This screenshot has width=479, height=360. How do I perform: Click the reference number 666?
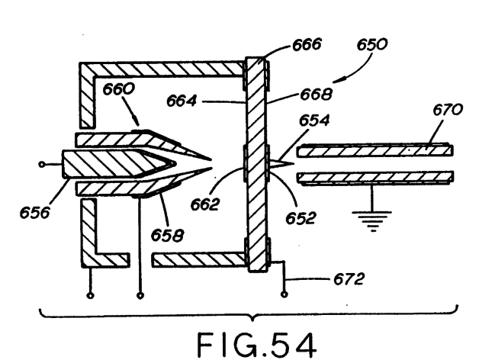click(x=307, y=44)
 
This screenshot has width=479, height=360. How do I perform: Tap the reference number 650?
click(x=371, y=44)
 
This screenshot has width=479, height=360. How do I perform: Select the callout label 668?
click(x=316, y=94)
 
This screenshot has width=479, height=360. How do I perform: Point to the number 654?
click(x=314, y=120)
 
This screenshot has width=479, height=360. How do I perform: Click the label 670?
click(x=448, y=109)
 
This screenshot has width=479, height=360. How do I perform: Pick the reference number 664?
click(x=182, y=101)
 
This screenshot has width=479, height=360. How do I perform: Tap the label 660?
click(x=118, y=89)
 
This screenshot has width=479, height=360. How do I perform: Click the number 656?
click(x=34, y=212)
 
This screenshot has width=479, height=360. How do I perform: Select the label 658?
click(x=167, y=235)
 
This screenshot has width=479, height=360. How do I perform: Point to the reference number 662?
click(x=205, y=204)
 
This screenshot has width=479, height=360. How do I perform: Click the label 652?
click(x=301, y=218)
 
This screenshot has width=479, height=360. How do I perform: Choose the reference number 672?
click(x=349, y=279)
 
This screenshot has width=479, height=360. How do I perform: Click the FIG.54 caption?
click(x=256, y=345)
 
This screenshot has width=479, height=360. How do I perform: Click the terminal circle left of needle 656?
click(x=41, y=165)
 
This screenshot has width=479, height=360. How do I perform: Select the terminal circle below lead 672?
click(x=284, y=294)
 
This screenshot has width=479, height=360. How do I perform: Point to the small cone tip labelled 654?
click(x=281, y=163)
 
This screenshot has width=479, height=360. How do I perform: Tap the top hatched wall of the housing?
click(x=162, y=69)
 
